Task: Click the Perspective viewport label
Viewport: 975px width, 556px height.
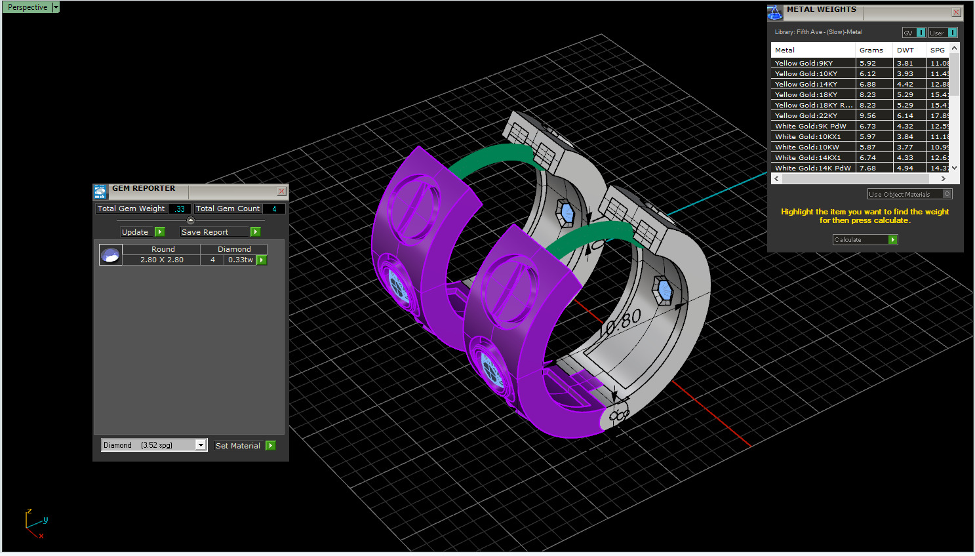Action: (x=28, y=7)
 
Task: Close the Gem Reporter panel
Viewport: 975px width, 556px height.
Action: (x=281, y=191)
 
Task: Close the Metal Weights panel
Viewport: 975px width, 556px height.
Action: (x=956, y=12)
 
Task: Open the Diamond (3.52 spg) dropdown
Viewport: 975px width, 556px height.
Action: (x=201, y=445)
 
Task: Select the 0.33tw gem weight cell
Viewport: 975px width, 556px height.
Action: (x=240, y=260)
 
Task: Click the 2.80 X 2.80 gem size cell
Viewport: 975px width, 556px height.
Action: (x=161, y=260)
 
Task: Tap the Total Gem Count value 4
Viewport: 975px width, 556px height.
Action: (x=274, y=208)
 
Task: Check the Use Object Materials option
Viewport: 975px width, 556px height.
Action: (x=947, y=194)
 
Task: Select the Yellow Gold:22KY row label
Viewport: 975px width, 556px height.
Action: (x=806, y=115)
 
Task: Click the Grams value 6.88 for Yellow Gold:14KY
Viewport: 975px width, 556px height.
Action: (x=867, y=84)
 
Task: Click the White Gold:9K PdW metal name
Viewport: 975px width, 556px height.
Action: (x=810, y=126)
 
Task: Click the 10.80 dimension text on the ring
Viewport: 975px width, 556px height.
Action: (x=620, y=323)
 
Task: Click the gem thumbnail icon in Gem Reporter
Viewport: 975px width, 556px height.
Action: (x=110, y=254)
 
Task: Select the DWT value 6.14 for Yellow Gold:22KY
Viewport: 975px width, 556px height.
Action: (x=905, y=115)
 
